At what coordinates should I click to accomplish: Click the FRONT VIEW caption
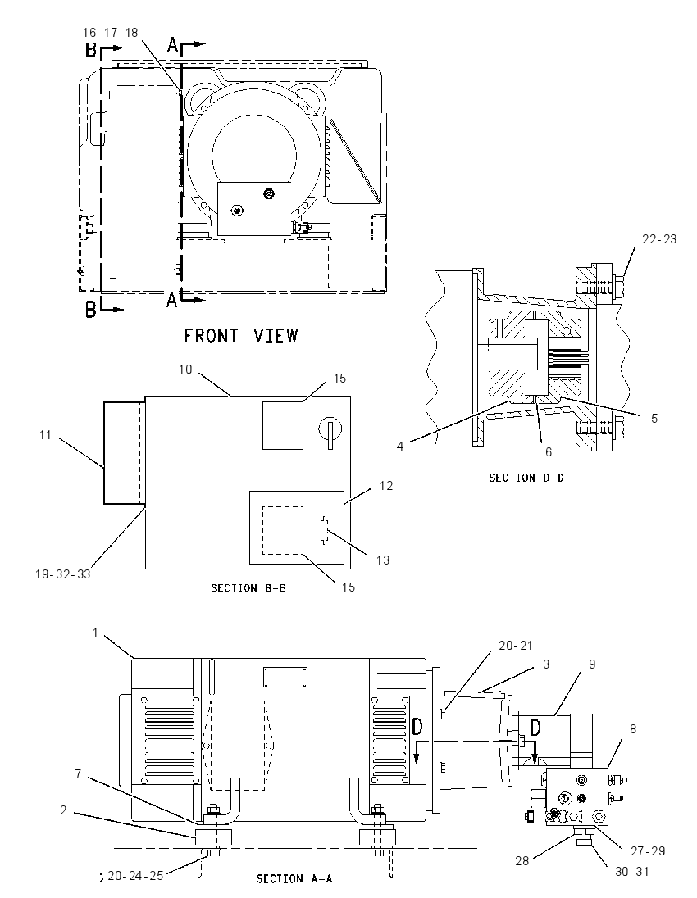tap(241, 336)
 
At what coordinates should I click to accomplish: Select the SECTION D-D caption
tap(526, 478)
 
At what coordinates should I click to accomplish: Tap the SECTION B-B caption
tap(248, 588)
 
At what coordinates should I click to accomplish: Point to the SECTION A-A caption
tap(294, 878)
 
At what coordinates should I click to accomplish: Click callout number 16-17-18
tap(110, 33)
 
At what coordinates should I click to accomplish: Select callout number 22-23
tap(659, 239)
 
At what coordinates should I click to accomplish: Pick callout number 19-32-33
tap(62, 574)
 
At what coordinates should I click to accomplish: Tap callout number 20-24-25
tap(135, 876)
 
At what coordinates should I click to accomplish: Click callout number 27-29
tap(648, 851)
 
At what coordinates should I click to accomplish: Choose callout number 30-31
tap(631, 872)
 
